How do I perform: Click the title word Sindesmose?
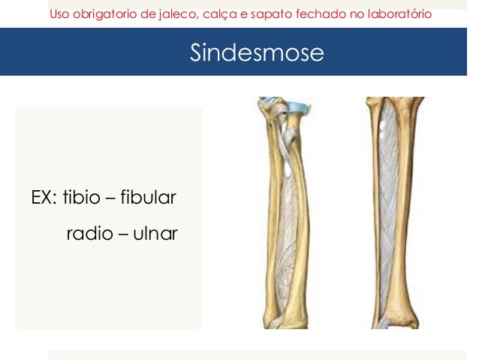point(257,53)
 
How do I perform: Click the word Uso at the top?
point(60,14)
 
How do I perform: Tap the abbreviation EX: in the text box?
point(44,198)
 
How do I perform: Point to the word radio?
point(86,233)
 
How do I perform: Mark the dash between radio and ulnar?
point(118,234)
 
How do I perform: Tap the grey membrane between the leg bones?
point(390,218)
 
